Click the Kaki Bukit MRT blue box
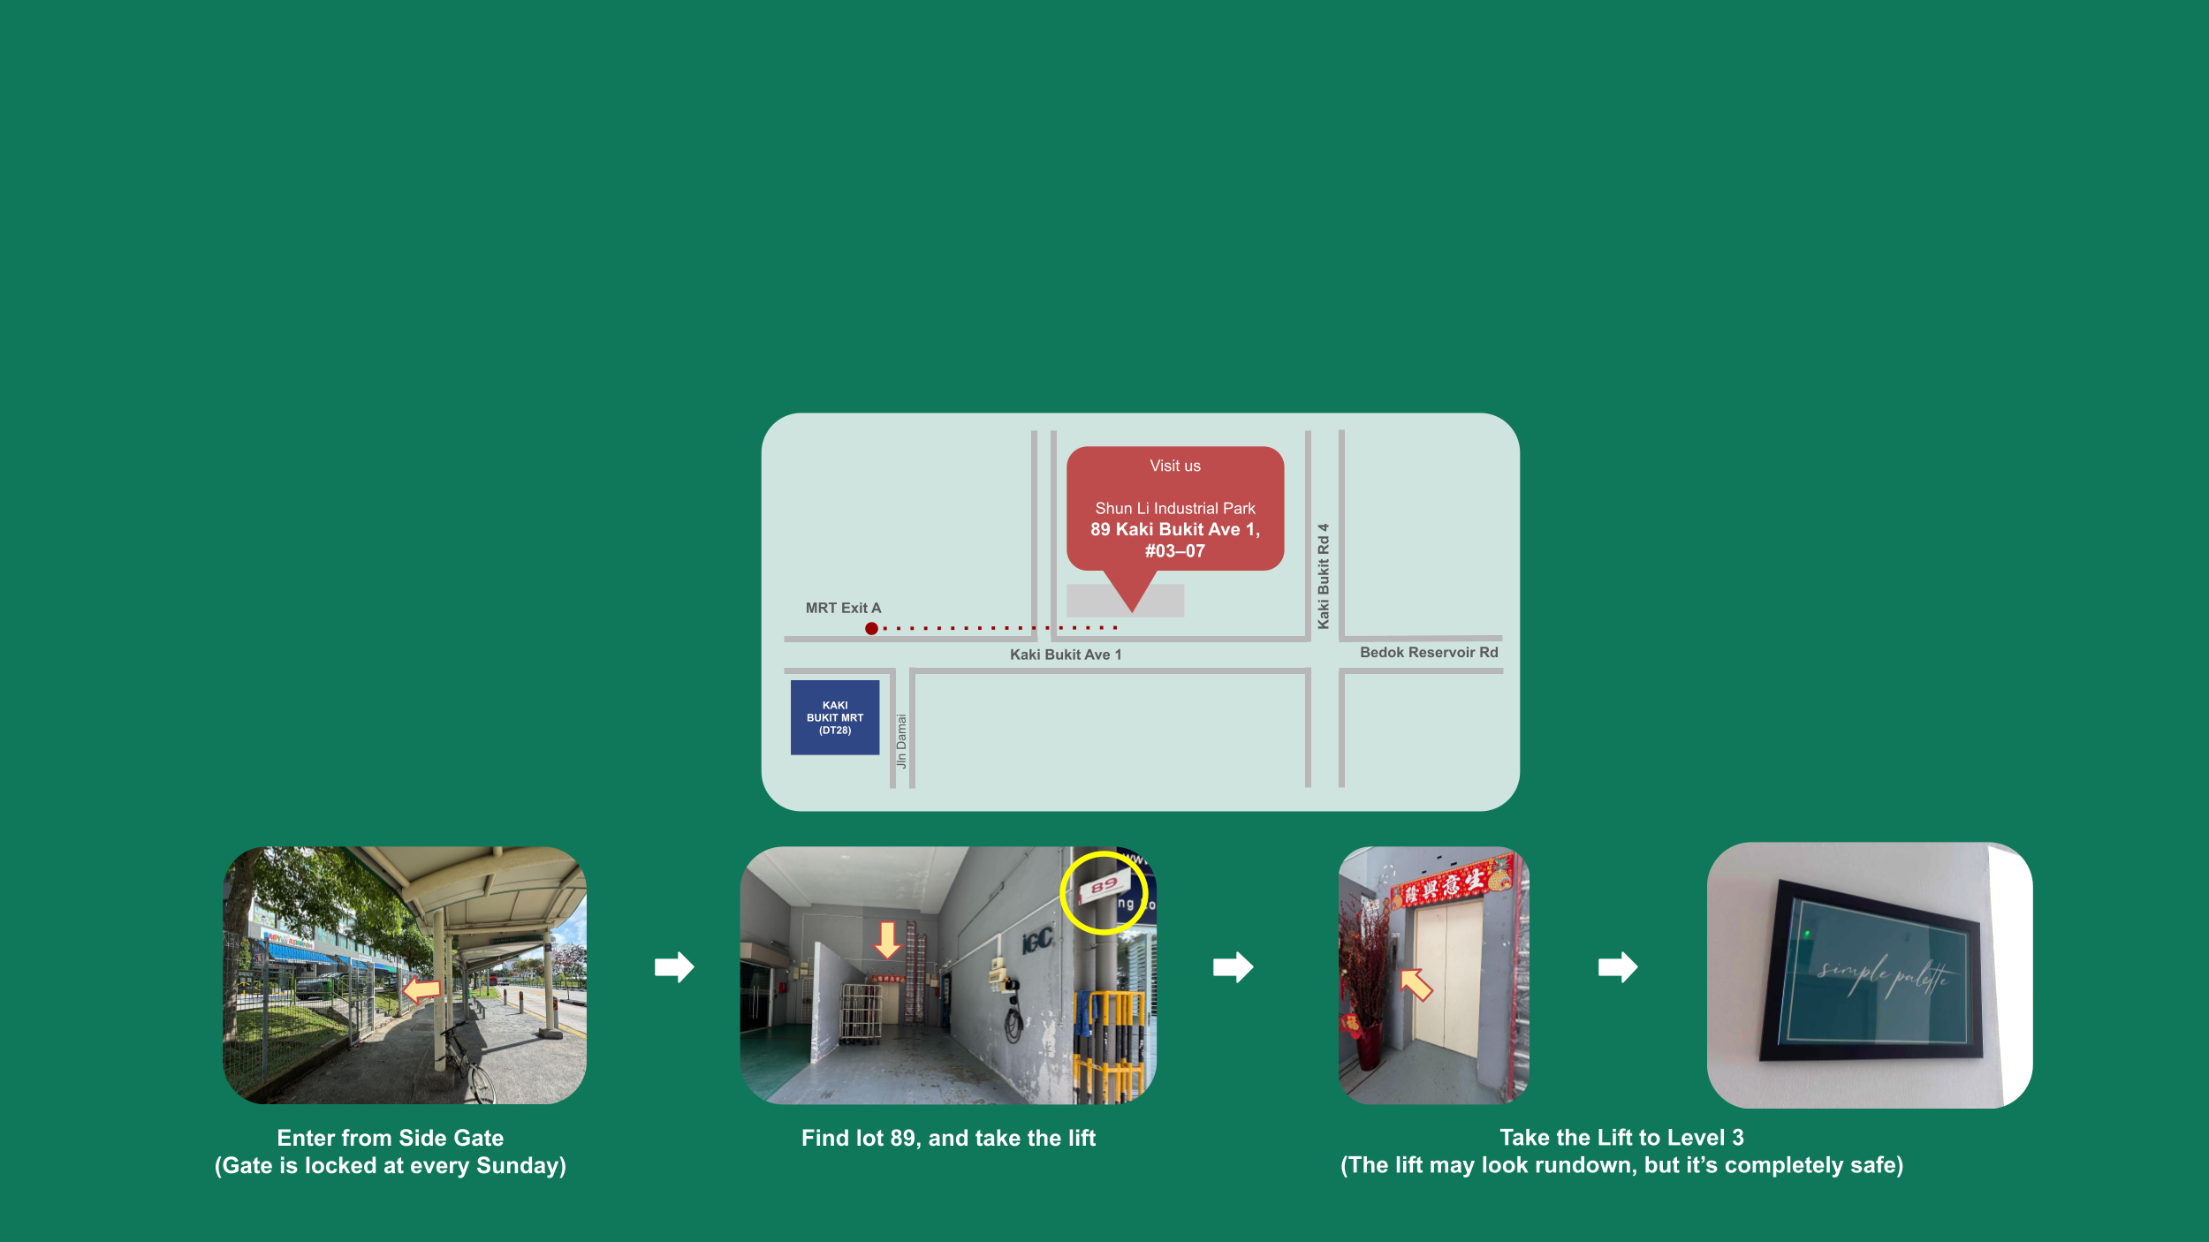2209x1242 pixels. (834, 717)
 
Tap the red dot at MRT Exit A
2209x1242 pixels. (871, 628)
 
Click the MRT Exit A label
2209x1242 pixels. (843, 608)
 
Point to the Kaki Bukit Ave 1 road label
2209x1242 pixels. (1065, 655)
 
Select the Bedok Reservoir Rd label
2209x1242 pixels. (1428, 652)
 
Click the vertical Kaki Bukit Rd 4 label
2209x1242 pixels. (1323, 576)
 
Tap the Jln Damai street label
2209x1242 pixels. (901, 740)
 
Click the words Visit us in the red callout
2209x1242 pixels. (1174, 466)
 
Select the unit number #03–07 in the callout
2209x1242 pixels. (1174, 551)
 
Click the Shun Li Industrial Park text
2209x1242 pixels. (1174, 508)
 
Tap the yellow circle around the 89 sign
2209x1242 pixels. (1103, 892)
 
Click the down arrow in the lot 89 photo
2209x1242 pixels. (886, 940)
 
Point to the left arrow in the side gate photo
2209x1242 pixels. (421, 989)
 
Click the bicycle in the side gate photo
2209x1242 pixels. (467, 1064)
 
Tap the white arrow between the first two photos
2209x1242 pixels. (674, 966)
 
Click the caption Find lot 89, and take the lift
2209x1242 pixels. (948, 1138)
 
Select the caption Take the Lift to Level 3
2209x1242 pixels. (1621, 1137)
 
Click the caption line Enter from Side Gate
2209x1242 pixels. (390, 1138)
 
